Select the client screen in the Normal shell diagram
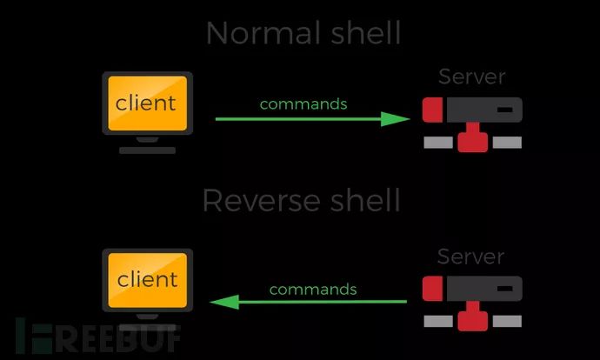(146, 103)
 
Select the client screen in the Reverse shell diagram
(146, 280)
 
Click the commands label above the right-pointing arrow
(303, 104)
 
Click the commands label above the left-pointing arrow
(312, 290)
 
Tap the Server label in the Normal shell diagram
(472, 77)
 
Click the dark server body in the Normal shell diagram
(483, 110)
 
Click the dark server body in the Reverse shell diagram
(483, 289)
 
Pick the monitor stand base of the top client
(147, 150)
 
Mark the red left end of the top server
(433, 110)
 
